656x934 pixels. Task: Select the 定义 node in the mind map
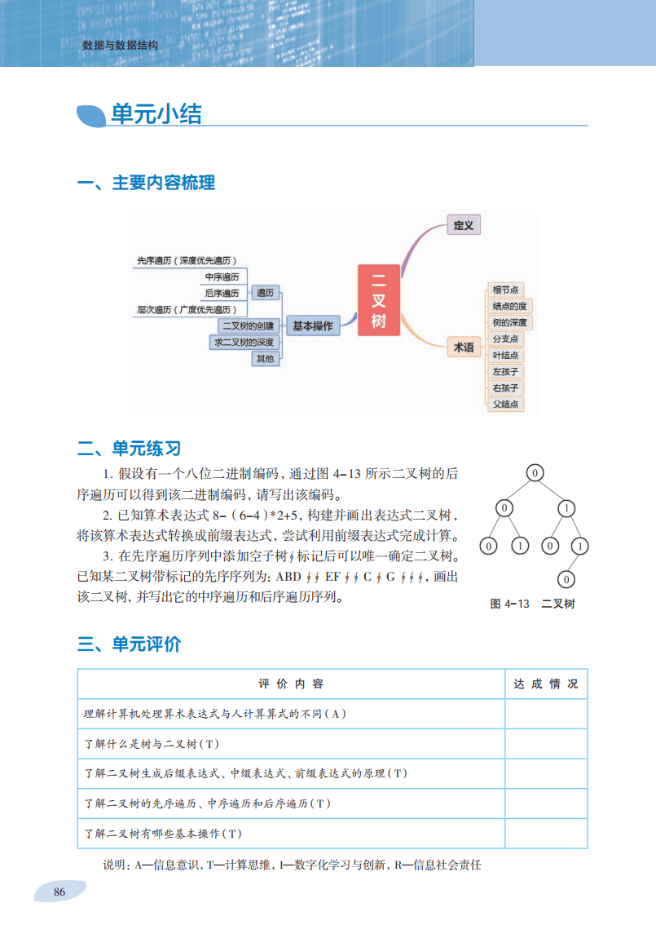464,225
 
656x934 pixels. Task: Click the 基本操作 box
313,325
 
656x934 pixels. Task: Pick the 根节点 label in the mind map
505,290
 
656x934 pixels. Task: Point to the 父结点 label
505,405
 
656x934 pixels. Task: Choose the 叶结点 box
505,355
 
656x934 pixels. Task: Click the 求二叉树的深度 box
244,343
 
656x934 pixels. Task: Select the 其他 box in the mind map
266,359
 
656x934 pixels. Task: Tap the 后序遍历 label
222,293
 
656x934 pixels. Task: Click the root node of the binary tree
534,473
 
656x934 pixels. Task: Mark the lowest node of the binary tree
566,580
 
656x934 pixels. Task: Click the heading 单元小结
156,115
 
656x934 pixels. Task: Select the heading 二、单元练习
129,449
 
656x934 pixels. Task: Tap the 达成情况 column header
545,684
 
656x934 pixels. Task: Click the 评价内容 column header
291,684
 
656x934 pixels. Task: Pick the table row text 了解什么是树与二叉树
152,744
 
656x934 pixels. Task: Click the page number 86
59,892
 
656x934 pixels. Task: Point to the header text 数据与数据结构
121,46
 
